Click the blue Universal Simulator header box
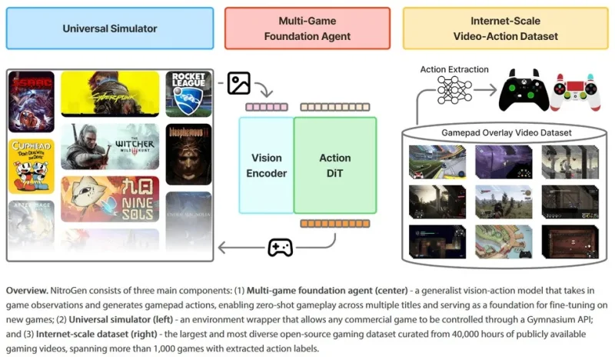click(x=109, y=28)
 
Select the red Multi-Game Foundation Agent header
click(x=307, y=28)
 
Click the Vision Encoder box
click(x=266, y=165)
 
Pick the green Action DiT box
click(x=335, y=165)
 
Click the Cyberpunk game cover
click(x=110, y=94)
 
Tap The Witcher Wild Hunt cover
click(x=110, y=146)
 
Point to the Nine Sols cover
click(x=110, y=198)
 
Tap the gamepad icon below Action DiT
click(x=279, y=248)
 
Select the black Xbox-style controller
click(x=524, y=90)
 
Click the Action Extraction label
click(x=454, y=70)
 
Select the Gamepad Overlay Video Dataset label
click(x=506, y=133)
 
